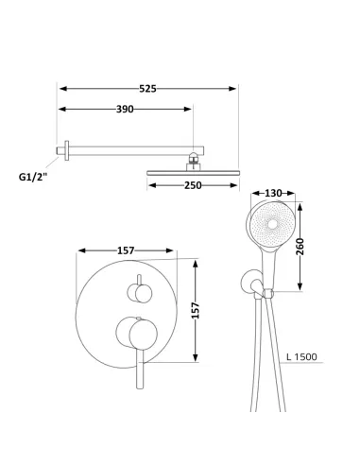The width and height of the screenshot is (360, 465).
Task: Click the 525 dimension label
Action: tap(147, 89)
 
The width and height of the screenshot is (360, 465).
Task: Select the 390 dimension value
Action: tap(125, 110)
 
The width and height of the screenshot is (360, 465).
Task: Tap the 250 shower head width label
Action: tap(193, 185)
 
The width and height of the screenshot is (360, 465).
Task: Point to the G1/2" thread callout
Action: tap(33, 177)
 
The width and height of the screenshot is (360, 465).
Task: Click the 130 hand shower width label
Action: tap(273, 193)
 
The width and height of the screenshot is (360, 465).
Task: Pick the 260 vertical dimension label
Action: tap(300, 247)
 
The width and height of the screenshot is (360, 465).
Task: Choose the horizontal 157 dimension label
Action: tap(126, 250)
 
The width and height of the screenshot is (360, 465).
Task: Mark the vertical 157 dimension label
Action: tap(196, 311)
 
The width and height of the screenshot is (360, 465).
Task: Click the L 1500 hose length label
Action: tap(301, 357)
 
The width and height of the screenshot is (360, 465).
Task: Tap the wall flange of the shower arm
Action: tap(66, 150)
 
